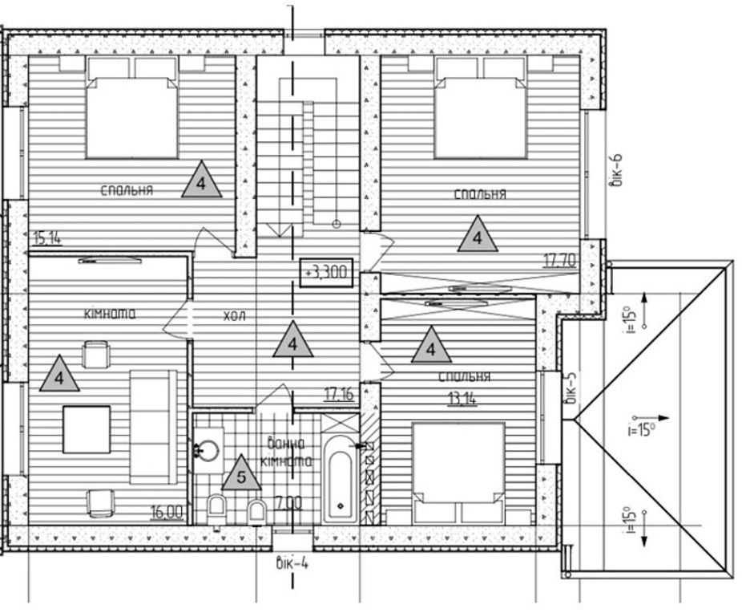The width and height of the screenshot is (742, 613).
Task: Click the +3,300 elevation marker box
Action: [x=326, y=272]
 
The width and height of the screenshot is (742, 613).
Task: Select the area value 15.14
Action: [x=47, y=237]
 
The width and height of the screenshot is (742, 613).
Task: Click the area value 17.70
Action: [x=560, y=260]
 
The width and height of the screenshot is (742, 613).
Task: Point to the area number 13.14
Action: [x=462, y=399]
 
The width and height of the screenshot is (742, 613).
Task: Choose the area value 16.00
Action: [x=167, y=512]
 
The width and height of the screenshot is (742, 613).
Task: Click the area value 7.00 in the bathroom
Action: [x=288, y=503]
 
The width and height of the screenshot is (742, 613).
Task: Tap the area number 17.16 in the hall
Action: [x=339, y=394]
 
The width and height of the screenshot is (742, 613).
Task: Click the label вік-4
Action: [x=292, y=564]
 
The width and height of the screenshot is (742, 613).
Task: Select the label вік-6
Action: [x=617, y=171]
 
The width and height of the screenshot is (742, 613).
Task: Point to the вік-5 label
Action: [x=571, y=388]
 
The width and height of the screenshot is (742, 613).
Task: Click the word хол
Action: [x=235, y=316]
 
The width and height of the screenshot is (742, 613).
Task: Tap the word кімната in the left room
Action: [x=110, y=314]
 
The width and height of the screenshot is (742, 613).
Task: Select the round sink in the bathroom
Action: [x=208, y=450]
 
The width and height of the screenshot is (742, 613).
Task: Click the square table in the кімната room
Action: [x=87, y=429]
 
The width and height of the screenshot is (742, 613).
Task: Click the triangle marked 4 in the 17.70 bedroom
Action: [x=478, y=234]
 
